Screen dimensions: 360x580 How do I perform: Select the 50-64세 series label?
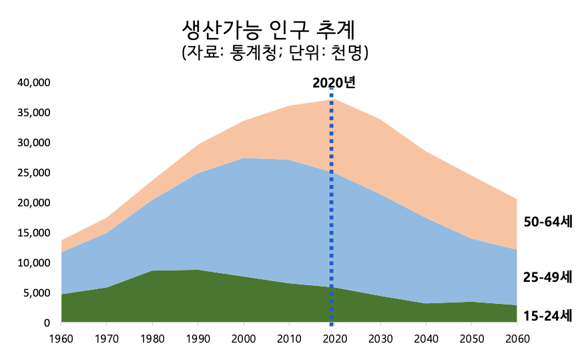[x=547, y=222]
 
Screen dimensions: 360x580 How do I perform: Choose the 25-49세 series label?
[x=547, y=276]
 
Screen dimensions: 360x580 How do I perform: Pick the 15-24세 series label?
[x=547, y=315]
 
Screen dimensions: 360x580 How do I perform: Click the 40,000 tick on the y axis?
[x=33, y=83]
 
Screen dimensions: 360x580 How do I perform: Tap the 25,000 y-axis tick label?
[x=33, y=173]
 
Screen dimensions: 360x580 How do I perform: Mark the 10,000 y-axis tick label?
[x=33, y=263]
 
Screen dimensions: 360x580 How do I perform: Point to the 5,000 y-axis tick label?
[x=36, y=293]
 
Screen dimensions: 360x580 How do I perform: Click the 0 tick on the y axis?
[x=47, y=323]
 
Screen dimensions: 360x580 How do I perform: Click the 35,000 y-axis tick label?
[x=33, y=113]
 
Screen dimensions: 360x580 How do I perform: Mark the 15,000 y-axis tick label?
[x=33, y=233]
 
